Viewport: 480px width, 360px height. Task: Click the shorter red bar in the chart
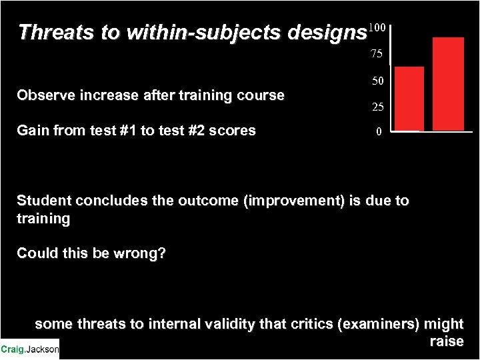(x=409, y=98)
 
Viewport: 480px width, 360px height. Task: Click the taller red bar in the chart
(x=448, y=83)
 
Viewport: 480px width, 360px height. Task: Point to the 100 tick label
(x=377, y=28)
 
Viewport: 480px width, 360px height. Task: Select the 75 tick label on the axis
(x=377, y=54)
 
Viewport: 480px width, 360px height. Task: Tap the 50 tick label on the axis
(x=377, y=81)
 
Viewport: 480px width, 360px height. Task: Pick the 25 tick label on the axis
(x=377, y=107)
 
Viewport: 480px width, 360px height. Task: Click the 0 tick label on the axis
(x=378, y=132)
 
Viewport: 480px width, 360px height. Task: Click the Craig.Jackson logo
(x=29, y=349)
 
